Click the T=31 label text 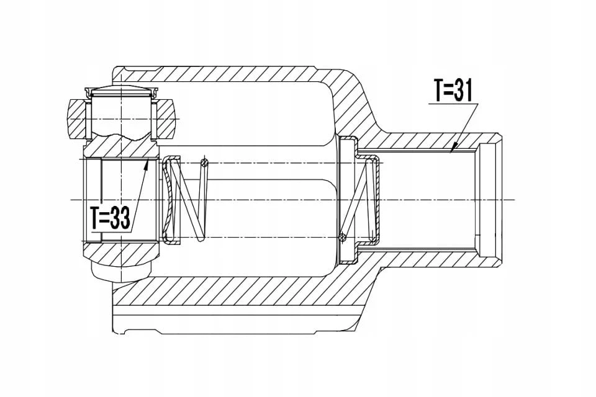[453, 91]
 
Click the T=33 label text [111, 218]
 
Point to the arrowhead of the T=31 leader [451, 151]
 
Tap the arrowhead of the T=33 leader [148, 162]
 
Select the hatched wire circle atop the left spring [204, 163]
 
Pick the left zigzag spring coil [190, 200]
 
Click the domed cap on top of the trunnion [121, 91]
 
